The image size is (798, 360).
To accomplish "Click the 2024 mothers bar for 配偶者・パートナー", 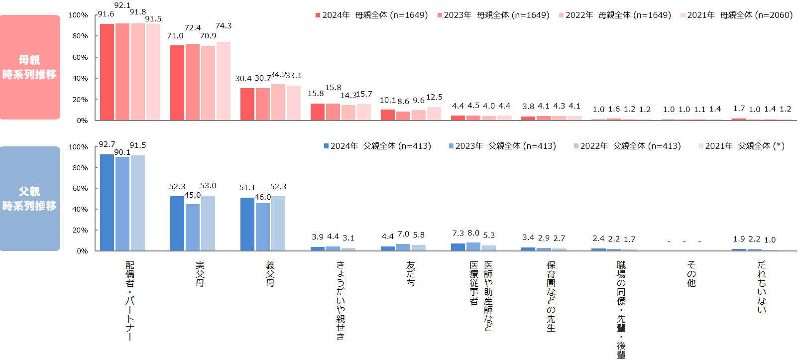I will [x=107, y=72].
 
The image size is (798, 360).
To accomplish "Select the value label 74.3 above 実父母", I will [x=224, y=26].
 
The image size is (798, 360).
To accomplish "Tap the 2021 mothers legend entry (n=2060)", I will [x=736, y=15].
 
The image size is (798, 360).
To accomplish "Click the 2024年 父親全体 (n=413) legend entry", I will [x=377, y=146].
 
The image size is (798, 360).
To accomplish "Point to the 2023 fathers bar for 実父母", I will [x=193, y=227].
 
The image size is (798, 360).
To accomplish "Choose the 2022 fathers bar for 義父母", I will [x=278, y=223].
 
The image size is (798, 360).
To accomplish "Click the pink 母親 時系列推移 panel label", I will [x=30, y=67].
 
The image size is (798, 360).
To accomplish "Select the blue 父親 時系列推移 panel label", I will [x=30, y=199].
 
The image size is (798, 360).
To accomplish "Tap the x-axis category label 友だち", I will [x=411, y=274].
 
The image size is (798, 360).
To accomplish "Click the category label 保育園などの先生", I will [x=551, y=296].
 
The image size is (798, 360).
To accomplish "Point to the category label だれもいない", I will [x=762, y=287].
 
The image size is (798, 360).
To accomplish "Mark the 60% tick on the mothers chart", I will [x=80, y=57].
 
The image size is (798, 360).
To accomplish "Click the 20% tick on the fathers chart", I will [x=80, y=230].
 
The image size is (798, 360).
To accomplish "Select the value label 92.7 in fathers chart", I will [x=107, y=144].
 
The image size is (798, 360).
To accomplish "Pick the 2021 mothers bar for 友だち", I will [x=434, y=114].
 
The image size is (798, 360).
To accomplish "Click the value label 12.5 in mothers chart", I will [x=434, y=97].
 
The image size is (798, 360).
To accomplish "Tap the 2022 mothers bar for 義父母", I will [x=278, y=102].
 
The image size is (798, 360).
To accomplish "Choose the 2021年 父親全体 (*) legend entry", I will [x=741, y=146].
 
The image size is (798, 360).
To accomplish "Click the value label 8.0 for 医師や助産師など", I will [x=473, y=233].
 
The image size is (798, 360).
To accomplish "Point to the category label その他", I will [x=691, y=274].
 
